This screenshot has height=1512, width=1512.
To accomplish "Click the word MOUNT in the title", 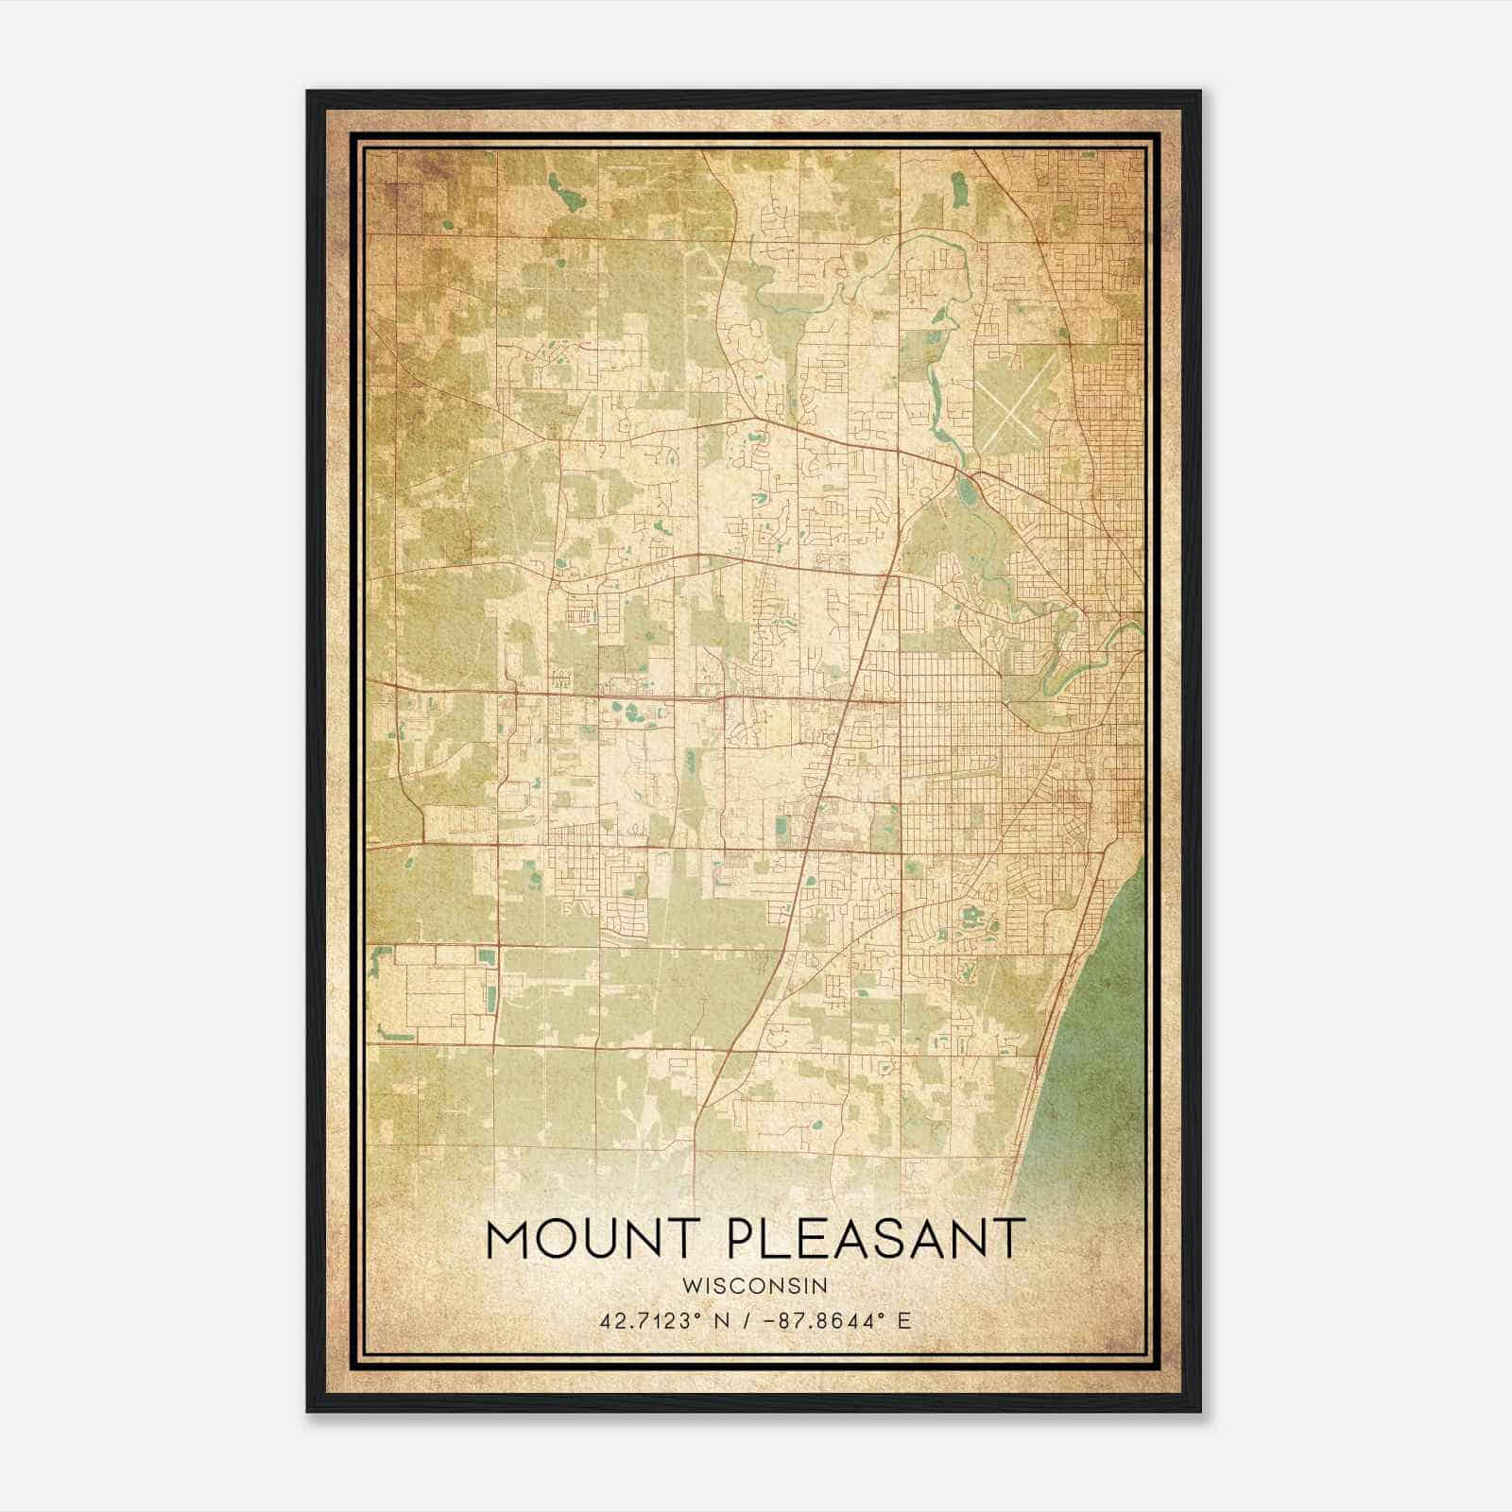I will coord(594,1239).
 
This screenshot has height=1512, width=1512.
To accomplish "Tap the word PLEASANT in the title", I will coord(875,1239).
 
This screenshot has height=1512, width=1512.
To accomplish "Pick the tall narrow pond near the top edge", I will coord(960,190).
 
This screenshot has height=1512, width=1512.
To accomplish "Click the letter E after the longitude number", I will coord(904,1320).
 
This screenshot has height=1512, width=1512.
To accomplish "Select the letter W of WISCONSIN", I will coord(689,1286).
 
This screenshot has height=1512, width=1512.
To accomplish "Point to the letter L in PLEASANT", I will coord(777,1239).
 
